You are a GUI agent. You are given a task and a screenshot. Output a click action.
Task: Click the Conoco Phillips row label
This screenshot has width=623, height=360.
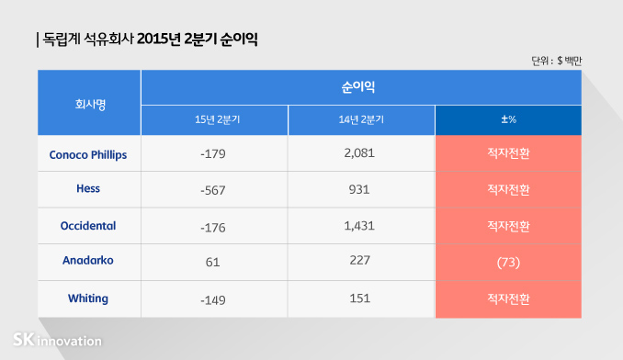click(88, 153)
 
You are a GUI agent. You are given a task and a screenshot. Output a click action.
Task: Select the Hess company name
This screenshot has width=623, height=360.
click(88, 189)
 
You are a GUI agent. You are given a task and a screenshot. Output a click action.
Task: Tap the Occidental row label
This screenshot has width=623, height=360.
click(88, 225)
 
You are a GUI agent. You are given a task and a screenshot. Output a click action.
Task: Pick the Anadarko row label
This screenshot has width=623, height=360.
click(88, 262)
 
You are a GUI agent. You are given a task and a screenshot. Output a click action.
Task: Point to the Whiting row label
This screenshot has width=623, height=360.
click(88, 298)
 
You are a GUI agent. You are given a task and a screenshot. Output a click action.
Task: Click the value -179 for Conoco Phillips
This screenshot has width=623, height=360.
click(212, 153)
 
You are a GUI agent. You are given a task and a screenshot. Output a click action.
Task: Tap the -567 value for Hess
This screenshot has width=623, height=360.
click(212, 189)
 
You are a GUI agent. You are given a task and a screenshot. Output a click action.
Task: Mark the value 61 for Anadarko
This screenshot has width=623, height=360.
click(212, 263)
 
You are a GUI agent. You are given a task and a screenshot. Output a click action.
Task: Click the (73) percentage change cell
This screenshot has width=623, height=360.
click(508, 263)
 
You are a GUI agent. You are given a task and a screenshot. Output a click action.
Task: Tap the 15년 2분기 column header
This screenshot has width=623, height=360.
click(213, 120)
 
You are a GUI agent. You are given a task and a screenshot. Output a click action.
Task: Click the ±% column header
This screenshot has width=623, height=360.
click(508, 120)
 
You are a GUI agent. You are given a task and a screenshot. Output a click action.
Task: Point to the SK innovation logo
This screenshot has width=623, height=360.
click(56, 340)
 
